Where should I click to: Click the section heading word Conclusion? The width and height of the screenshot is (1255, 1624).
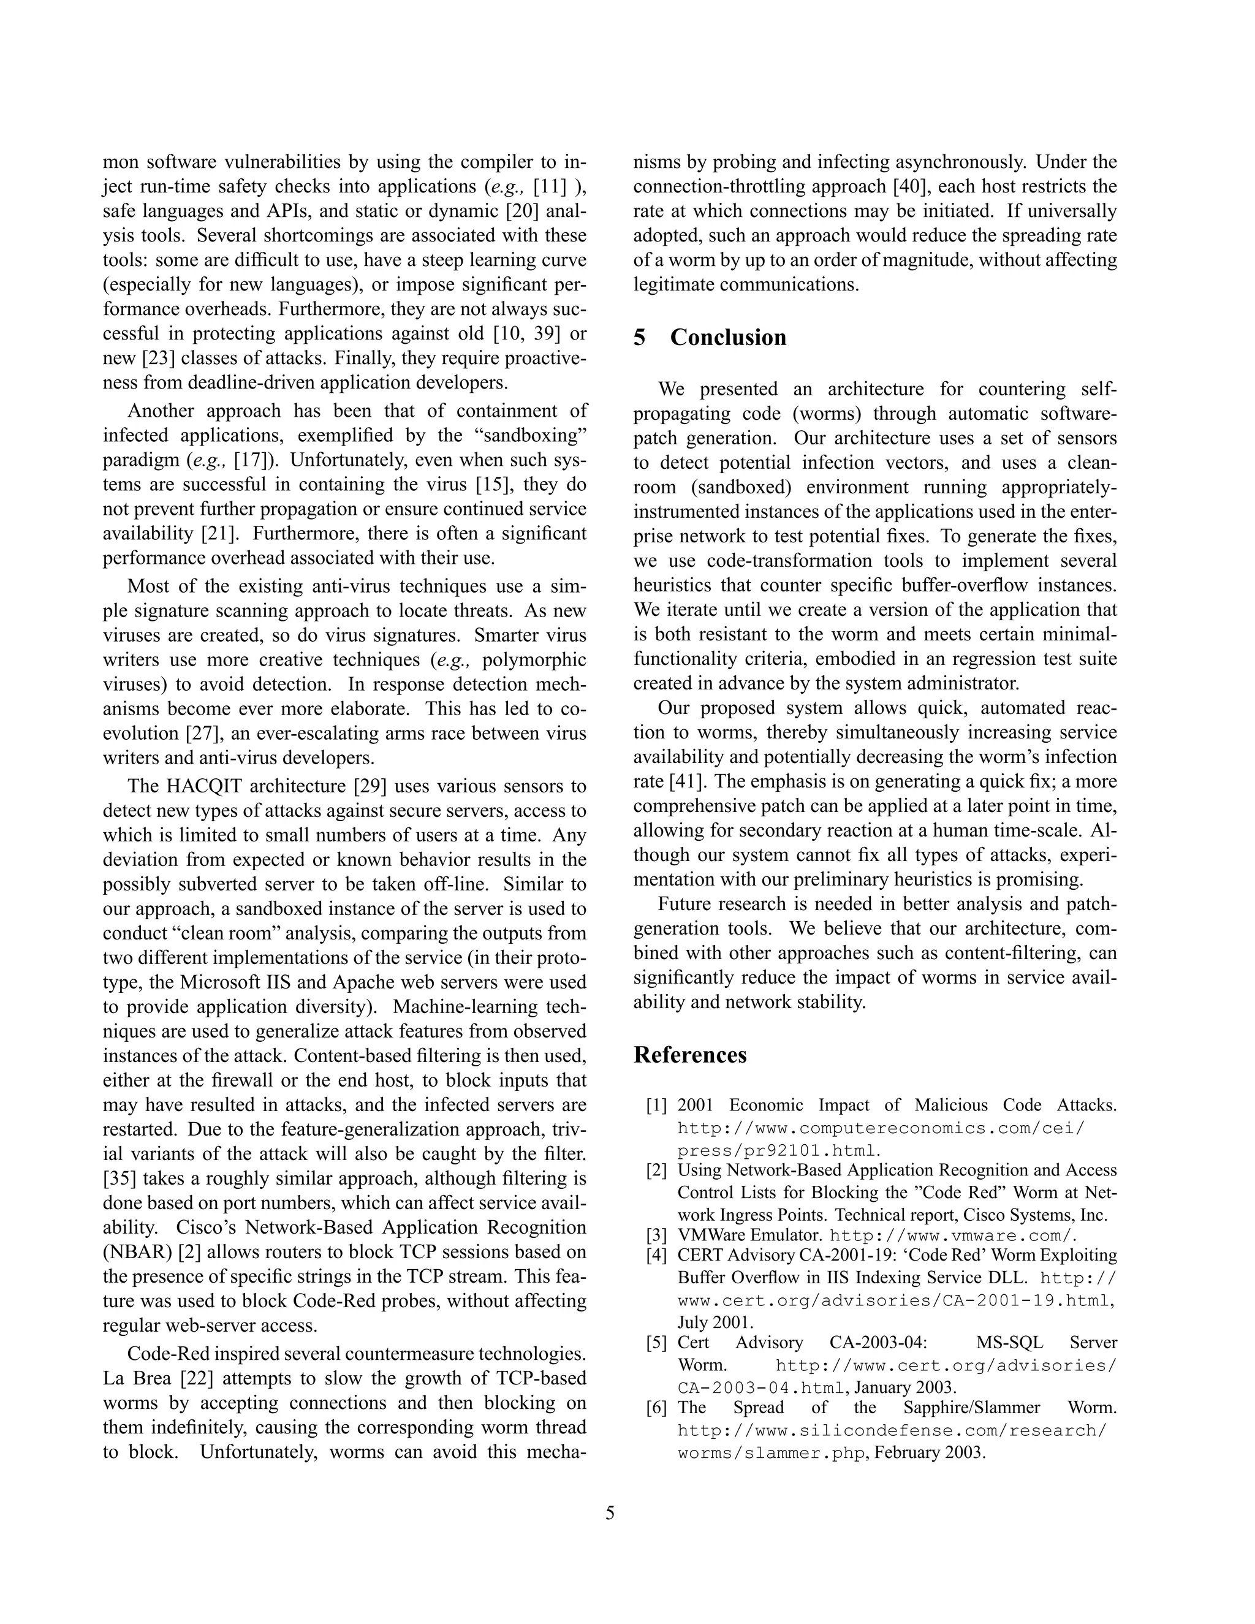point(728,338)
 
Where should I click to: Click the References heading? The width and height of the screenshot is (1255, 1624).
point(690,1055)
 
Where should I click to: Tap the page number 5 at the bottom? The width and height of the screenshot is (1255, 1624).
point(610,1513)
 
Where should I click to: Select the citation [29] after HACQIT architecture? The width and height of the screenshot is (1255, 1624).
point(369,786)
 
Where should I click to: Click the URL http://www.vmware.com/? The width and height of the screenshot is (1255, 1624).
point(952,1236)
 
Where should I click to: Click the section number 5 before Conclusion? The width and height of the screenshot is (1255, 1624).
point(640,338)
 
